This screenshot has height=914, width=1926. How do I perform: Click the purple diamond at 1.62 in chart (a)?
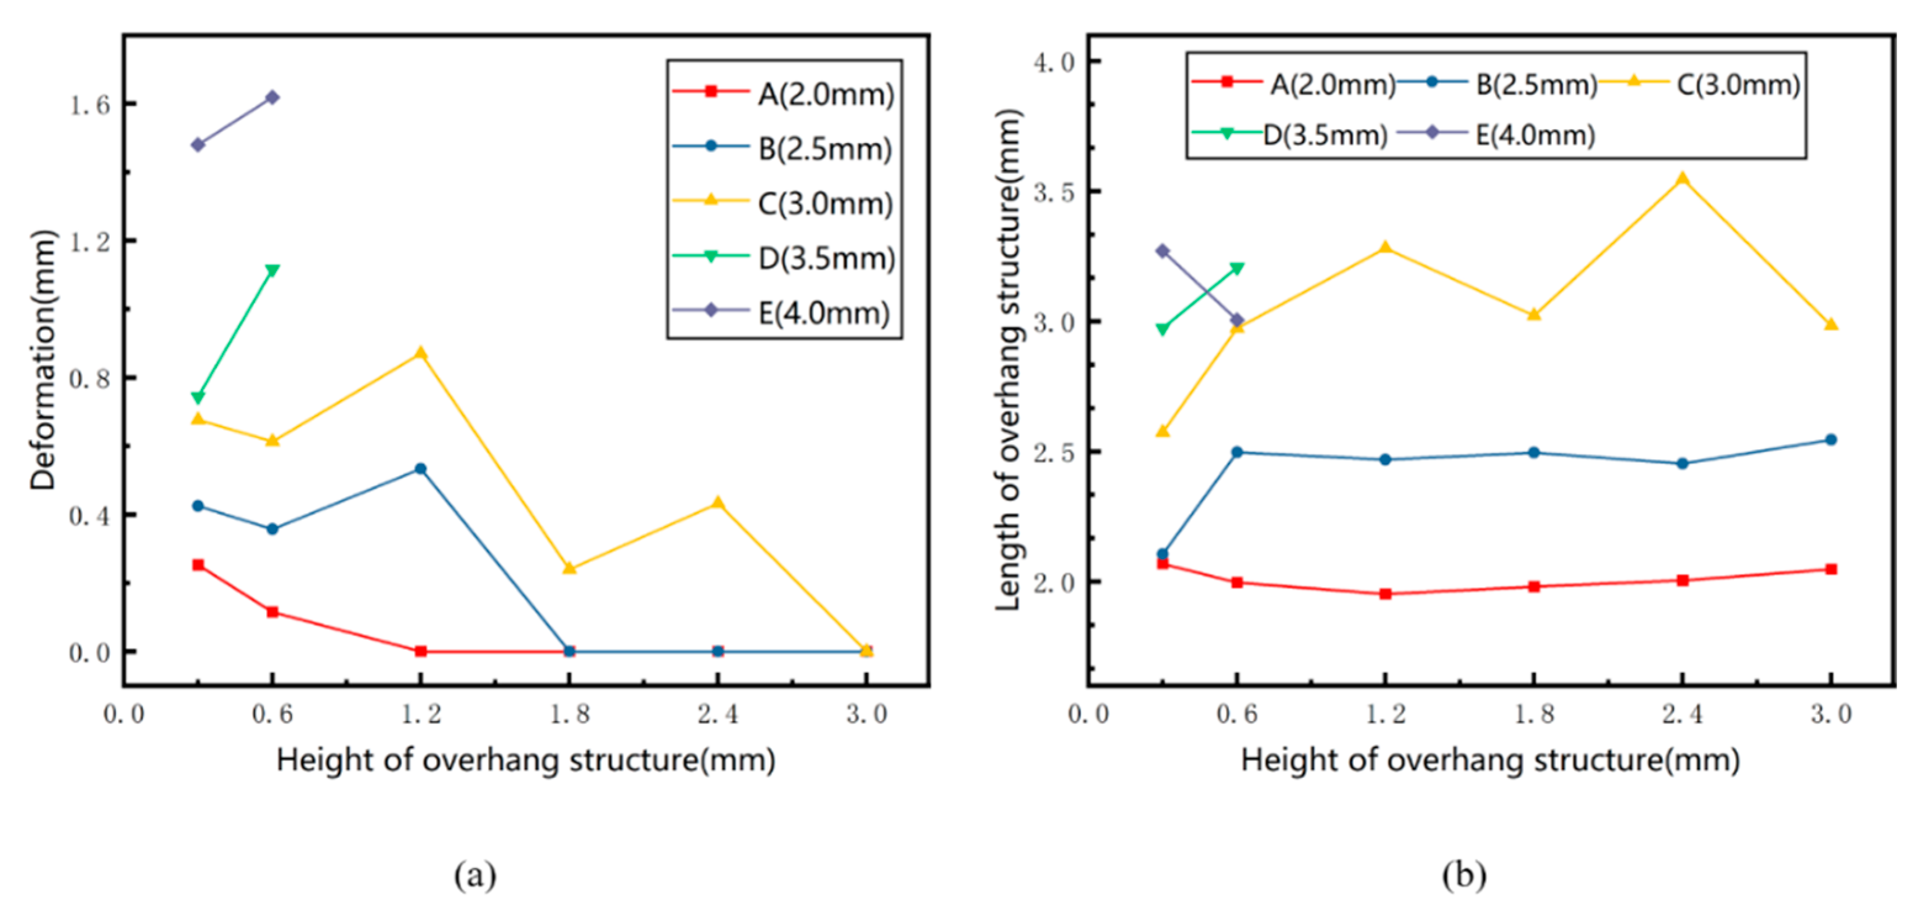272,97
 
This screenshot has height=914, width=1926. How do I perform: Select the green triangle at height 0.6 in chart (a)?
272,270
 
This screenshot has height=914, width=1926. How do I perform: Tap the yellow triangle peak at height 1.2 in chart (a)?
421,353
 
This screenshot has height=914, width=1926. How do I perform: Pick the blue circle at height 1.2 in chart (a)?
421,469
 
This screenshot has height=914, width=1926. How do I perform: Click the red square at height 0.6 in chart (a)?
272,612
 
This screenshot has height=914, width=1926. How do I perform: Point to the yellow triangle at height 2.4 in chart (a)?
718,503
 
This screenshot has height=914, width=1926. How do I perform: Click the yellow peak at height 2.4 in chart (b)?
1682,179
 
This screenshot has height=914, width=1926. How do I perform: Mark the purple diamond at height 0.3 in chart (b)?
1163,251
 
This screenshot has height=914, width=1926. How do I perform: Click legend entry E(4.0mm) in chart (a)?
823,312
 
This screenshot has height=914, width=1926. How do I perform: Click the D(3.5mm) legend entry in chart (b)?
1324,136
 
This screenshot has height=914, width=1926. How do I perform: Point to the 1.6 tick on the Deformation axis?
90,105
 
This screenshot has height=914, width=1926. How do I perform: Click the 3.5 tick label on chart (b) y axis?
1054,192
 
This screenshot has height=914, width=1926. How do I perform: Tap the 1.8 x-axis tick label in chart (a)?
570,714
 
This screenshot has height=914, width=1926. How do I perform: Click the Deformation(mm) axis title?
43,360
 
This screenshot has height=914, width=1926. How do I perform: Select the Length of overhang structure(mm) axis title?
1008,360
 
